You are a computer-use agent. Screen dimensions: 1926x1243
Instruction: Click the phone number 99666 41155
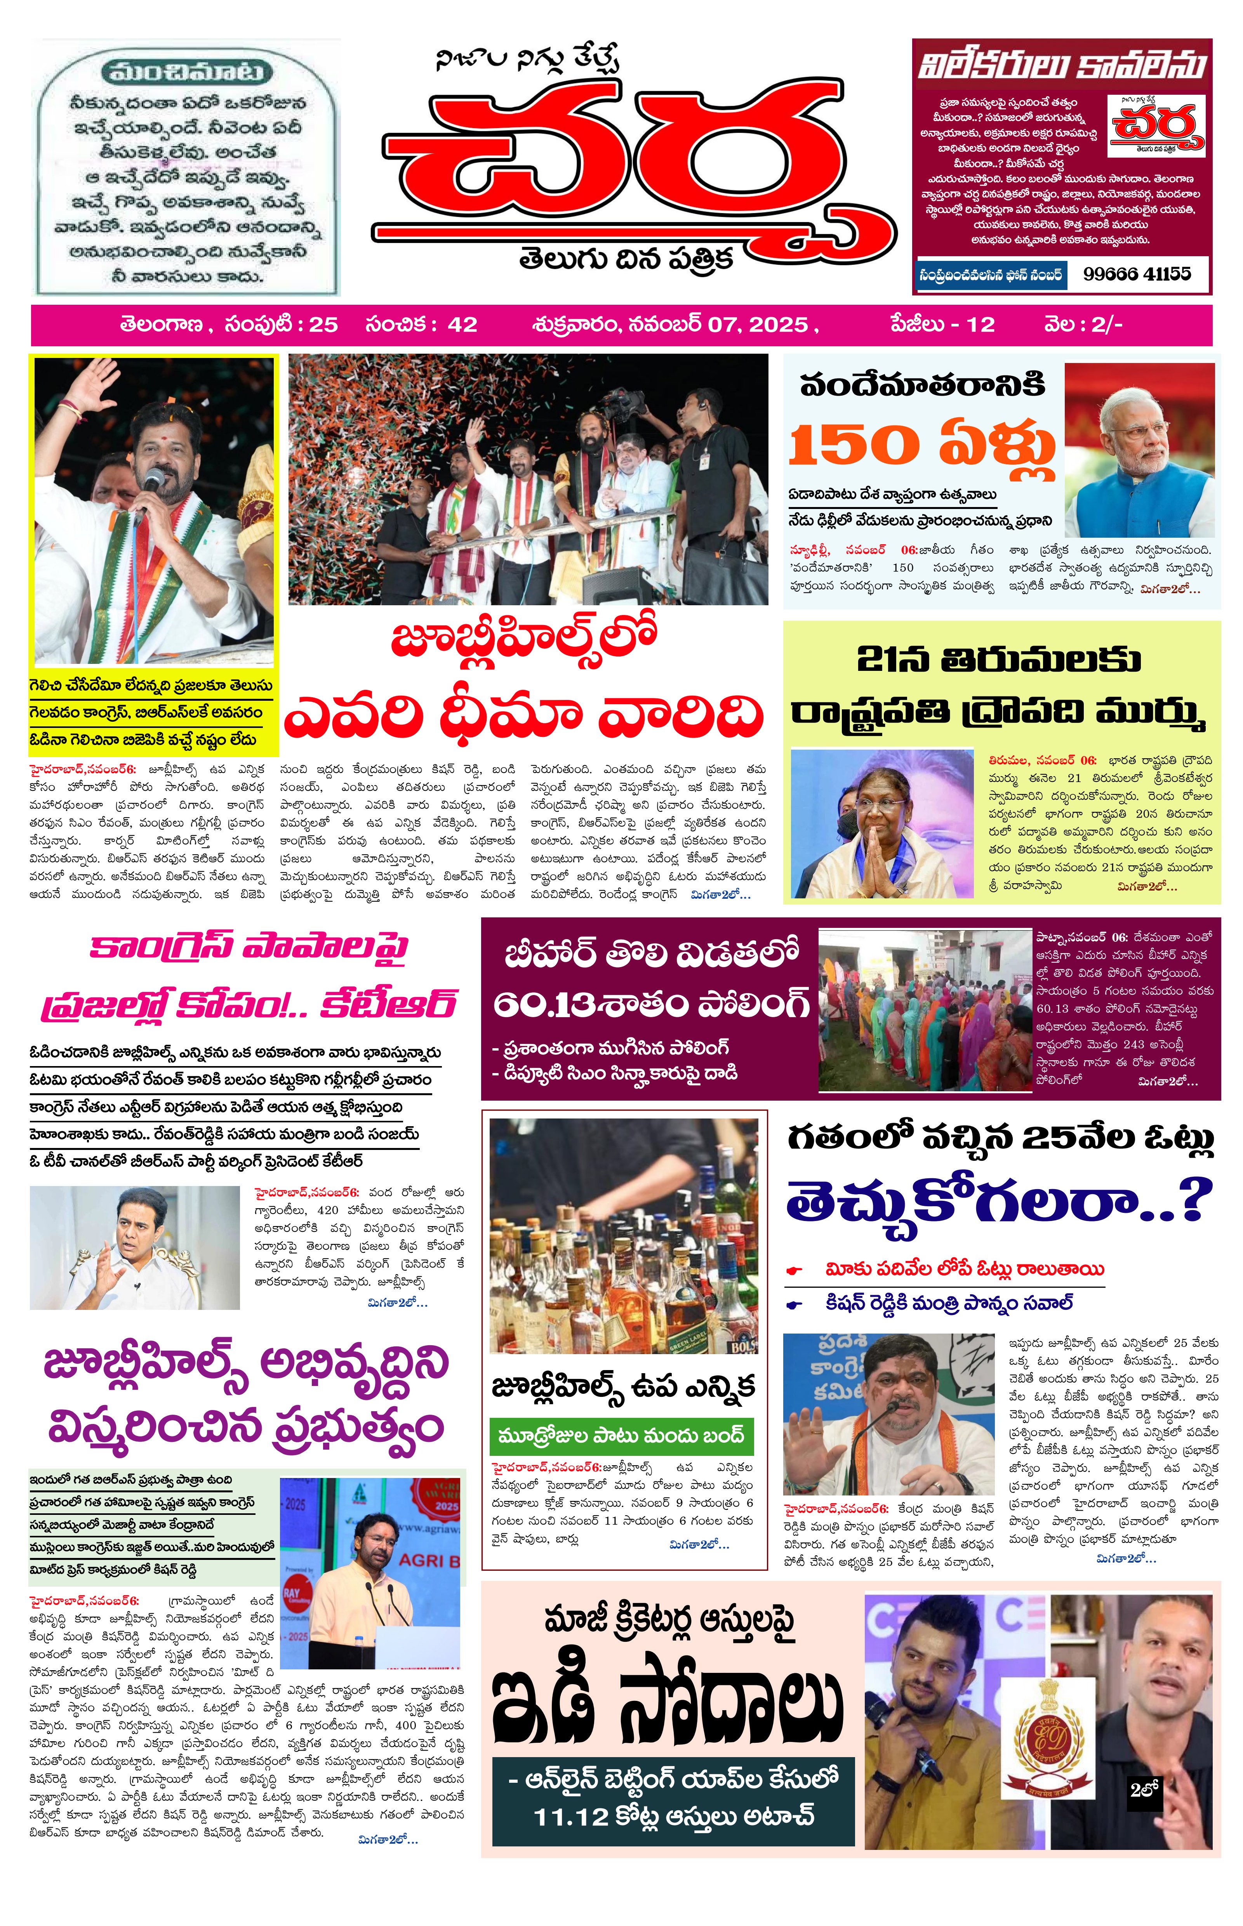tap(1137, 274)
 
